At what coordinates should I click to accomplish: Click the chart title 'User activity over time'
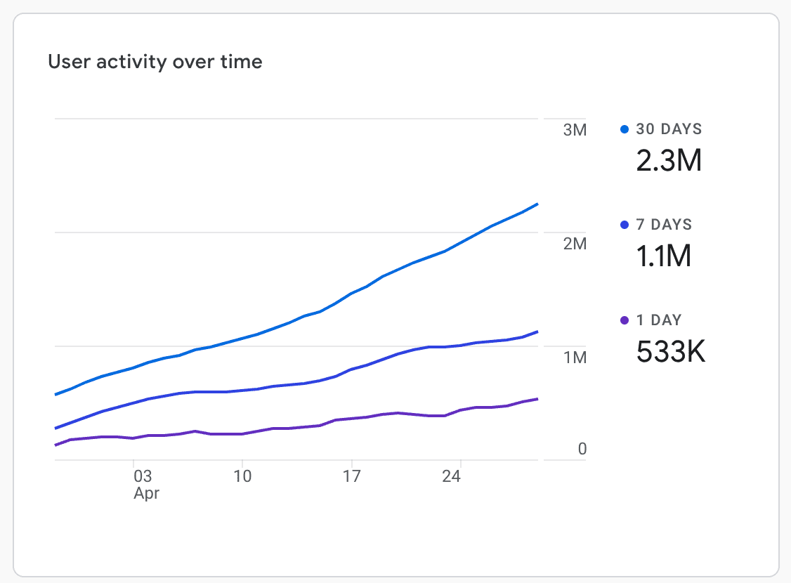[155, 62]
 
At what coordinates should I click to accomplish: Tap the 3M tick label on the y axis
[574, 131]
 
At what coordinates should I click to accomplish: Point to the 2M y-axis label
[574, 244]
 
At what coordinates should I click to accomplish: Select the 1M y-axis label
[574, 358]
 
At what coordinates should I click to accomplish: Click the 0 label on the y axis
[582, 449]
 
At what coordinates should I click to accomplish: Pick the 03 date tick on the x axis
[143, 476]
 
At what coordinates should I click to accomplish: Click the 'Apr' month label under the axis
[146, 493]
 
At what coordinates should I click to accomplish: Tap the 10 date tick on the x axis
[242, 476]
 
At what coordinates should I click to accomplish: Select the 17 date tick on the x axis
[351, 476]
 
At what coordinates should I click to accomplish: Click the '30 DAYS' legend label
[669, 129]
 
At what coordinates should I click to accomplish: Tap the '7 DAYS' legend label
[664, 225]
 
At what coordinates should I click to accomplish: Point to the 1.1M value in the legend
[664, 257]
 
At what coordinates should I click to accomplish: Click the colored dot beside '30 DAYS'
[625, 129]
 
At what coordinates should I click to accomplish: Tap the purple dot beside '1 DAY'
[625, 320]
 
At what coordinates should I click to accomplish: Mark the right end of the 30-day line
[537, 204]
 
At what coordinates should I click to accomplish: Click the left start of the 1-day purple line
[55, 445]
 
